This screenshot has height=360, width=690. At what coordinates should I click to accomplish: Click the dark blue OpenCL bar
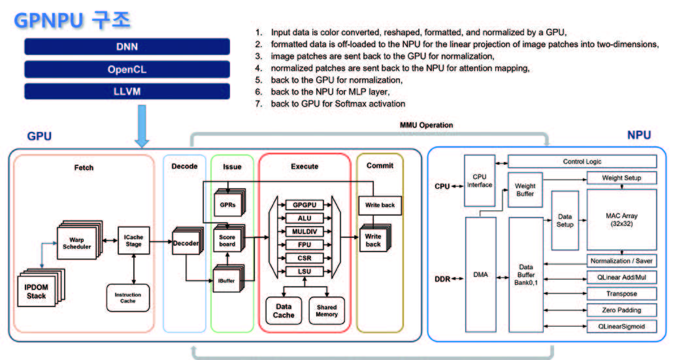pos(127,69)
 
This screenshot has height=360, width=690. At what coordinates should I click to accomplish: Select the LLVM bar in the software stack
pos(127,91)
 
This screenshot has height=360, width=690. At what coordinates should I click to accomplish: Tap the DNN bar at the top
pos(127,46)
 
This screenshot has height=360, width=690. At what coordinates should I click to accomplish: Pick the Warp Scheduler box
pos(78,241)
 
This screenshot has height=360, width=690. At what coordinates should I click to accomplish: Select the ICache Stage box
pos(134,241)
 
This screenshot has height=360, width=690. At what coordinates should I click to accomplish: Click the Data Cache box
pos(283,310)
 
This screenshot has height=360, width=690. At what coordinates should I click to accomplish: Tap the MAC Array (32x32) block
pos(621,219)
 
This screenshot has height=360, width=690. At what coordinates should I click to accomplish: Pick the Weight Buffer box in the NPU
pos(525,189)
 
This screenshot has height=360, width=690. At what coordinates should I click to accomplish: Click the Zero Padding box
pos(621,310)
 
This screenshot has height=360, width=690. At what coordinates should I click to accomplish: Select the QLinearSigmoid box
pos(621,325)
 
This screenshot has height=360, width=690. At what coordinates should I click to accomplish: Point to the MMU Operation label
pos(426,125)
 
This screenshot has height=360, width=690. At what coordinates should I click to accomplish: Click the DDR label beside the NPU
pos(443,280)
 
